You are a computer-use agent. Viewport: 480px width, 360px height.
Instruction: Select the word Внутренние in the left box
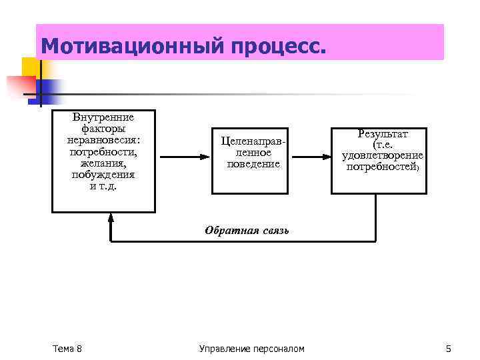[x=103, y=118]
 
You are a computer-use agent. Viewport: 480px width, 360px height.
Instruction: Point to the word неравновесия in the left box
[x=103, y=140]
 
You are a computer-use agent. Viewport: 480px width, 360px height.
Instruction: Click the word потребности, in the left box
[x=103, y=151]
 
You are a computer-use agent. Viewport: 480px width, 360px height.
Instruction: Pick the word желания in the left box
[x=103, y=163]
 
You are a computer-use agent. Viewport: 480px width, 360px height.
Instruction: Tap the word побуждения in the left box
[x=103, y=174]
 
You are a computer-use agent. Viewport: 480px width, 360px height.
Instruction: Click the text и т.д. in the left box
[x=103, y=185]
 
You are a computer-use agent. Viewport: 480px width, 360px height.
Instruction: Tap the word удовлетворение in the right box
[x=383, y=156]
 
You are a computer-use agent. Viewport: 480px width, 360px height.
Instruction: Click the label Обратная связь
[x=247, y=231]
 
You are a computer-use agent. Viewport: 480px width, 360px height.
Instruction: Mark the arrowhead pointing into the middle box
[x=207, y=157]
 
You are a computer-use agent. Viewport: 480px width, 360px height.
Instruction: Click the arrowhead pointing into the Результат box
[x=327, y=157]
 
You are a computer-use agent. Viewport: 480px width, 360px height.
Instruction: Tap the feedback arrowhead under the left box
[x=111, y=217]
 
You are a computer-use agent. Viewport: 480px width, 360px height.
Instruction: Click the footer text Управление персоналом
[x=251, y=349]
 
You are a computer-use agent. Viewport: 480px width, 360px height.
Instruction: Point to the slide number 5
[x=448, y=349]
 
